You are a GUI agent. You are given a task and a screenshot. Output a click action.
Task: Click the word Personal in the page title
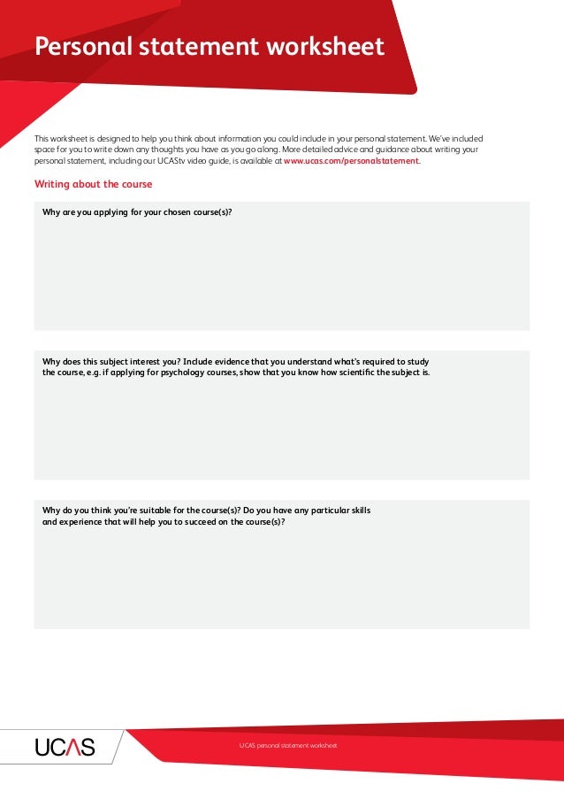coord(73,47)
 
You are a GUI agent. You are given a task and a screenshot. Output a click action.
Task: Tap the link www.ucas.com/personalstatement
coord(352,162)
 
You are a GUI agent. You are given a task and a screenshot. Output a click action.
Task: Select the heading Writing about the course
coord(93,184)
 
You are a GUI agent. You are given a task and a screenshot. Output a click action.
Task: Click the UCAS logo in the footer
coord(65,748)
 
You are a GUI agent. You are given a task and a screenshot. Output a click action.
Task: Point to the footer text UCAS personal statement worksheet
coord(287,746)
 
